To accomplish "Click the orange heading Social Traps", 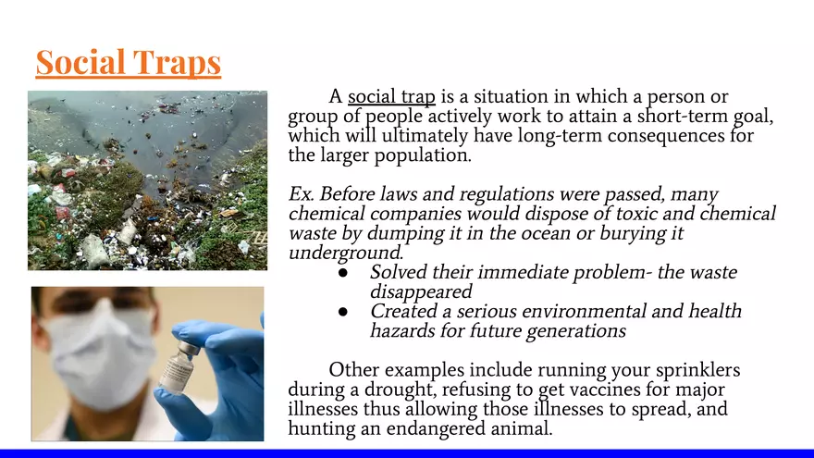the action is (129, 62).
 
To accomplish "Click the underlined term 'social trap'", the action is (391, 97).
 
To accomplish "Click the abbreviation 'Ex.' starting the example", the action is (302, 194).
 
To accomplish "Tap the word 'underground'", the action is (346, 253).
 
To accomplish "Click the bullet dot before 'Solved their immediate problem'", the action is (342, 273).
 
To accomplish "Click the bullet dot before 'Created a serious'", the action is (342, 312).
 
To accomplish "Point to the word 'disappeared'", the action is (421, 291).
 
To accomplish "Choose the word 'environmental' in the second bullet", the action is (584, 311).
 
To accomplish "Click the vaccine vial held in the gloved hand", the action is (178, 367).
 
